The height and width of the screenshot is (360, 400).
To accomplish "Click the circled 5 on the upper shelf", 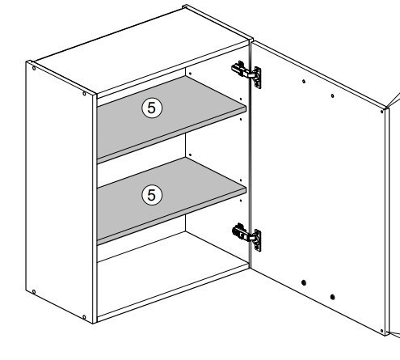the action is click(152, 108).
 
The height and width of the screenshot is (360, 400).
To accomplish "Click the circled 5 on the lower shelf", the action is click(152, 195).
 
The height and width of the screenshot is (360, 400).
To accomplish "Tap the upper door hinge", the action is click(246, 74).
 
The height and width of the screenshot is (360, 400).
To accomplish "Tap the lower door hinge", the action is click(246, 236).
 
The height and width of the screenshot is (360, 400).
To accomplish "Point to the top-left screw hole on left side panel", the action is click(34, 68).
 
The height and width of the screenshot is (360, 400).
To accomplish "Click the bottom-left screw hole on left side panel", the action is click(34, 292).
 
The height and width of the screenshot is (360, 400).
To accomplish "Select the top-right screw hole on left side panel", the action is click(84, 94).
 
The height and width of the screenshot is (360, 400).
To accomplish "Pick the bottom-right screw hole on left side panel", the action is click(84, 317).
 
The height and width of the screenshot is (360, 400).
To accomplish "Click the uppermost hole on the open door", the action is click(304, 81).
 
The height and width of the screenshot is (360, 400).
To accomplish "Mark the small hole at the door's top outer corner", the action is click(381, 112).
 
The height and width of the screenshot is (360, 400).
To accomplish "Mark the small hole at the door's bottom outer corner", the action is click(381, 331).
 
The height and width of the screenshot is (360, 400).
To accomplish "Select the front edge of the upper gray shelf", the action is click(171, 135).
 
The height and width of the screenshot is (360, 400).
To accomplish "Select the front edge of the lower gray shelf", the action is click(171, 217).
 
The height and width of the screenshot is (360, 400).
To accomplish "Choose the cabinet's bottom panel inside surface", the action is click(172, 275).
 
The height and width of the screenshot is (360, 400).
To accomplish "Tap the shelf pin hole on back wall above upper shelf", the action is click(190, 74).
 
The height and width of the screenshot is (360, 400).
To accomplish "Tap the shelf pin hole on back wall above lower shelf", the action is click(190, 155).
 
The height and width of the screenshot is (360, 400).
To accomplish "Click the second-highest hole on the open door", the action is click(332, 95).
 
